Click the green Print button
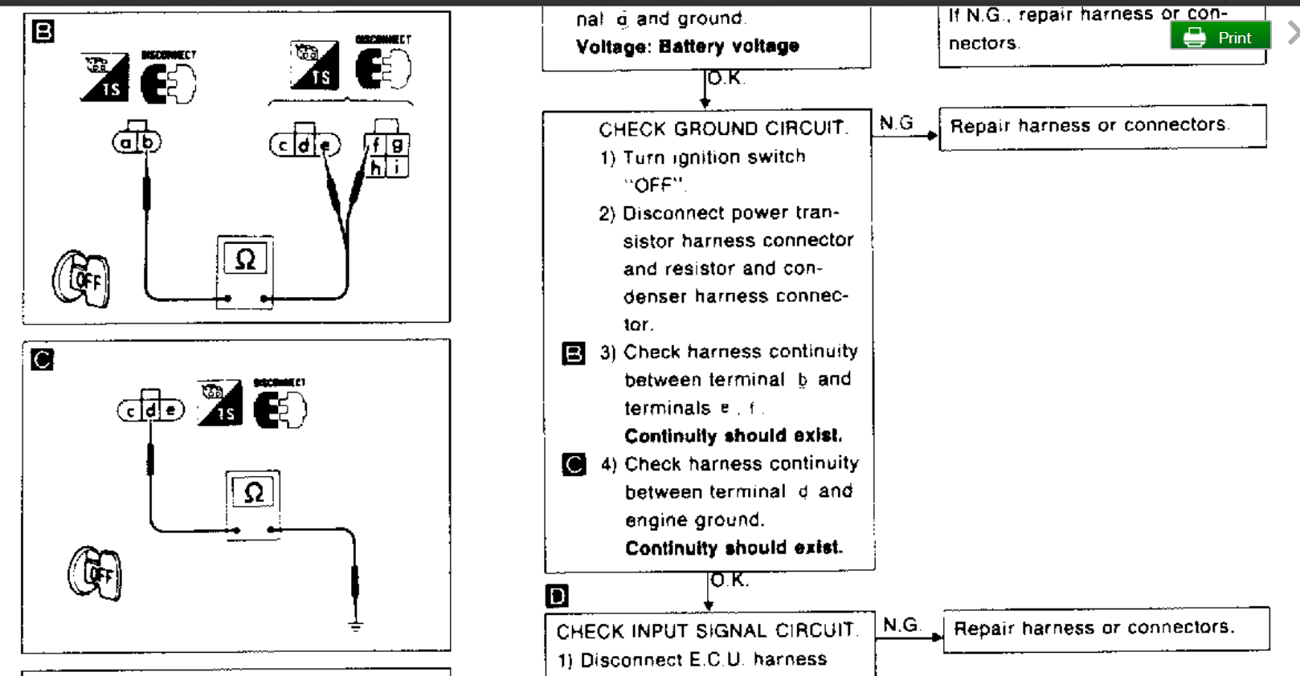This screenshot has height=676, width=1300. coord(1220,37)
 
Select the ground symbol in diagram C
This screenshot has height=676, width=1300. coord(355,625)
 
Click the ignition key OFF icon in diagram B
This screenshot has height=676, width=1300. coord(81,279)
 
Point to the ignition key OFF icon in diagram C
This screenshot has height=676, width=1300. coord(95,573)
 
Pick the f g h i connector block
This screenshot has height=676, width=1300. coord(387,154)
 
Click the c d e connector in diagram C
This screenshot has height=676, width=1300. coord(151,409)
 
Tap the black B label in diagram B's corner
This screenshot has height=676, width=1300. coord(43,31)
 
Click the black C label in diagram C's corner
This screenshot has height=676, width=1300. coord(42,359)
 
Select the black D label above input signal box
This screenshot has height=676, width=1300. coord(557,596)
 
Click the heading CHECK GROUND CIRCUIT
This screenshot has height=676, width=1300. coord(722,128)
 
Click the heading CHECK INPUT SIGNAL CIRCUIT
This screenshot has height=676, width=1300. coord(706,631)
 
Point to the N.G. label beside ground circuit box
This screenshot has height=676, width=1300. coord(896,123)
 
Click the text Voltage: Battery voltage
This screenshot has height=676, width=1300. coord(687,47)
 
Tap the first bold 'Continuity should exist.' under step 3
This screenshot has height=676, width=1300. coord(733,436)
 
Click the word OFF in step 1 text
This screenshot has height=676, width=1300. coord(654,185)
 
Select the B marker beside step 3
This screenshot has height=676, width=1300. coord(573,353)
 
